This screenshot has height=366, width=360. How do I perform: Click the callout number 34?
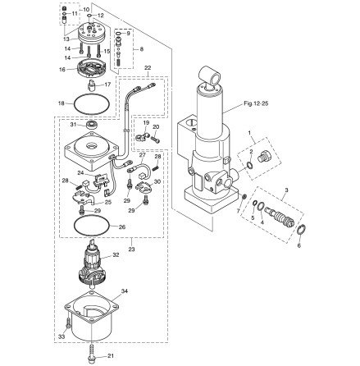(x=125, y=290)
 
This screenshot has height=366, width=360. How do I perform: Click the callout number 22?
(x=148, y=67)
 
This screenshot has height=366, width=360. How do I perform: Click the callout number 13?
(x=66, y=39)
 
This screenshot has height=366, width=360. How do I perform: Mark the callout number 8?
(x=139, y=48)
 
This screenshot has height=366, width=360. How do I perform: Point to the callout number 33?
(x=60, y=336)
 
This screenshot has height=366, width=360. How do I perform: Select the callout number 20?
(x=156, y=127)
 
